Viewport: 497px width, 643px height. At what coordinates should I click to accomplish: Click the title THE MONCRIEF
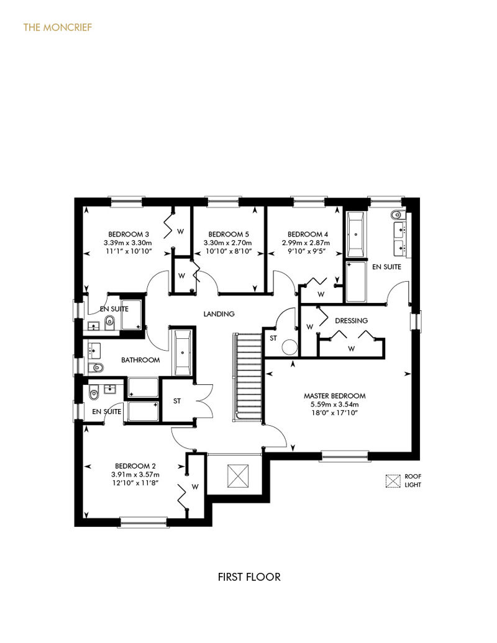point(57,27)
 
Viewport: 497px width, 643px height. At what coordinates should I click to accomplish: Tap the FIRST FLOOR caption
point(249,577)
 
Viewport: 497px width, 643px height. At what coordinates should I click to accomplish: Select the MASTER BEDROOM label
point(334,396)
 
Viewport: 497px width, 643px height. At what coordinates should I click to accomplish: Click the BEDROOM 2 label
point(135,466)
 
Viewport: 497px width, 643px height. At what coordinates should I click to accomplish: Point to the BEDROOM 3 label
point(129,234)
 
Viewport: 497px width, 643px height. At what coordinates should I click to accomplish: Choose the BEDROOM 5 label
point(229,234)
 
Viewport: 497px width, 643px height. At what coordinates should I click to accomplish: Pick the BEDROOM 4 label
point(308,234)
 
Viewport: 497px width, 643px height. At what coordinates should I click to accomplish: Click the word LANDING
point(219,313)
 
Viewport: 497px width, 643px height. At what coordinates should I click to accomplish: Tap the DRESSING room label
point(351,321)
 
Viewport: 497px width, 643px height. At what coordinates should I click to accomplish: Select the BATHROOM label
point(140,359)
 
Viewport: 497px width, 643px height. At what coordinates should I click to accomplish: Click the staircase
point(248,377)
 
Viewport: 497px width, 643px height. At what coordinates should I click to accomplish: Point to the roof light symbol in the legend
point(393,481)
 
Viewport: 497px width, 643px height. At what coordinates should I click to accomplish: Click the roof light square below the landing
point(238,475)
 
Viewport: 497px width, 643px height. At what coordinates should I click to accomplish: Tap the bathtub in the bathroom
point(182,353)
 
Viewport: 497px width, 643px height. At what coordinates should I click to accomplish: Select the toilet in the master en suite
point(397,215)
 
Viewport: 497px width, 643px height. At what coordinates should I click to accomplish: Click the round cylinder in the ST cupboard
point(290,348)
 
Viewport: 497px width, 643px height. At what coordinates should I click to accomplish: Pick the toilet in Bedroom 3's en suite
point(110,323)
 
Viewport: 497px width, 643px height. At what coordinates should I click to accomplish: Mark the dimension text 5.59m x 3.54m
point(334,404)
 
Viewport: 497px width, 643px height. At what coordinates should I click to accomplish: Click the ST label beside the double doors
point(177,401)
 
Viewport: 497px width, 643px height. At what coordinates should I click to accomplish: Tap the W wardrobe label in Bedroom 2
point(195,487)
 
